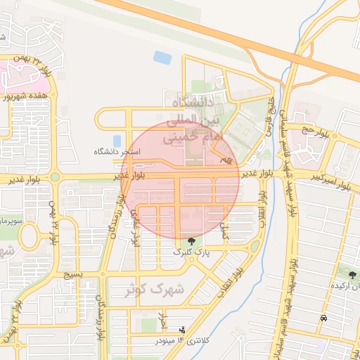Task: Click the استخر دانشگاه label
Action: [117, 151]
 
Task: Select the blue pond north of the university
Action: [162, 57]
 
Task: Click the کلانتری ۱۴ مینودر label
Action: [180, 341]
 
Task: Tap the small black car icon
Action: [323, 319]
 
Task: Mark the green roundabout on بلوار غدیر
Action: [54, 176]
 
